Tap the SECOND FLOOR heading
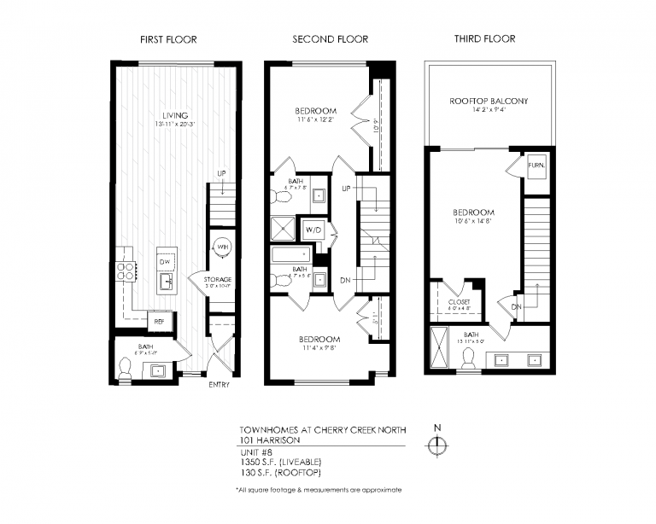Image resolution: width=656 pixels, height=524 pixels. click(330, 39)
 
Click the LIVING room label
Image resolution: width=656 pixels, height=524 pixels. click(176, 115)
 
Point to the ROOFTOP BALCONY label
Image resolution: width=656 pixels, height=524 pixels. click(489, 101)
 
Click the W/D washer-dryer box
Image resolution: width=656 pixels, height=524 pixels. click(313, 230)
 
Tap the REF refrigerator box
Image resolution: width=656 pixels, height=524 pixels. click(159, 322)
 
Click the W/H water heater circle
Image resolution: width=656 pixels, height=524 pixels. click(223, 247)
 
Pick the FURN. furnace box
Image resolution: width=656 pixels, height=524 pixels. click(536, 165)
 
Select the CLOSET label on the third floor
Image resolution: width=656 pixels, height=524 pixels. click(460, 301)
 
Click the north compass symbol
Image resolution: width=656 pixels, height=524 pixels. click(437, 445)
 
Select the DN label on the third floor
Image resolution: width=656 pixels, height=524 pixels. click(517, 306)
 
